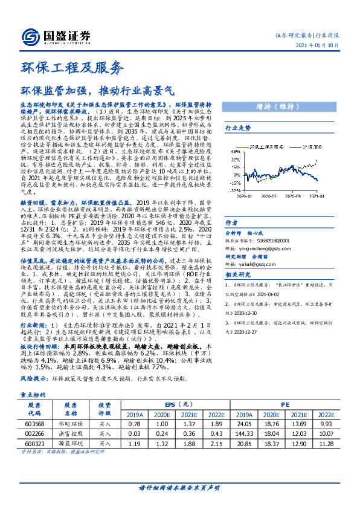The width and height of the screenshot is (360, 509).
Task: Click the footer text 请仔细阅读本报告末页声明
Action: [x=179, y=487]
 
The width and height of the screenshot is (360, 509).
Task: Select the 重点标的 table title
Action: [x=28, y=394]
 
